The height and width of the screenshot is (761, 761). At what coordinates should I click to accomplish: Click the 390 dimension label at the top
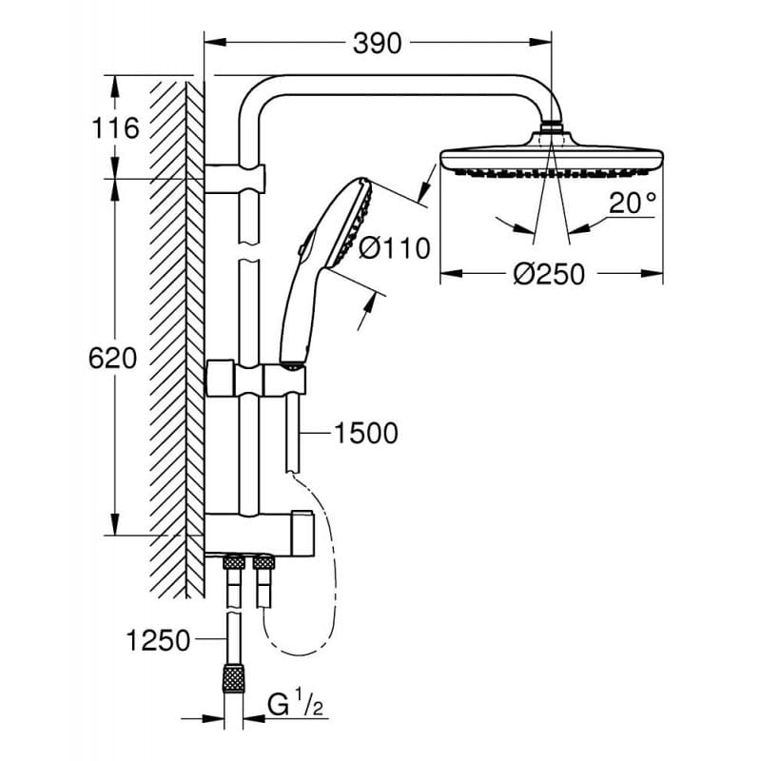(378, 43)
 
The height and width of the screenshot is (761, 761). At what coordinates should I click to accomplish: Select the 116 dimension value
(116, 127)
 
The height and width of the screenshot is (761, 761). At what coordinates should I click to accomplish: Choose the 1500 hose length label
(365, 434)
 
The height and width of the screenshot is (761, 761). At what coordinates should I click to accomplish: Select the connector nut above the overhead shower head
(552, 127)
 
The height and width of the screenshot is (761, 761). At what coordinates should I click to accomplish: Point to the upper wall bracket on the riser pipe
(236, 178)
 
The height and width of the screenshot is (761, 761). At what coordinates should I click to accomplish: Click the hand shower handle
(297, 304)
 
